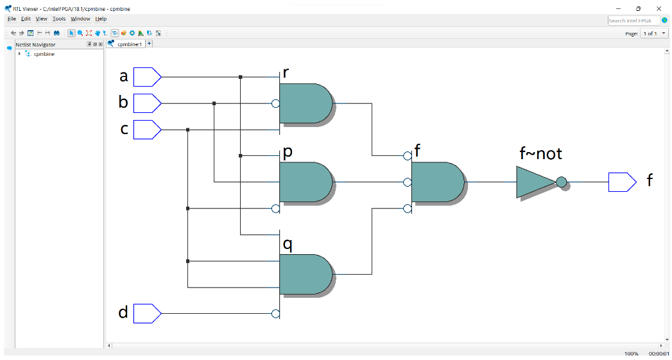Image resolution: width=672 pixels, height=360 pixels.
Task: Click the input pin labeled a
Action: pos(147,77)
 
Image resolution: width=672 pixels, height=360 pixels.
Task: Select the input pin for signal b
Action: pos(147,103)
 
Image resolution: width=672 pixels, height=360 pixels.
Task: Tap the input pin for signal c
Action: pos(147,130)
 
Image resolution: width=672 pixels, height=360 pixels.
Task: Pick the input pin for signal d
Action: pos(147,314)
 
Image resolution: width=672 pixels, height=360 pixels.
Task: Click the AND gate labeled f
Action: pos(437,182)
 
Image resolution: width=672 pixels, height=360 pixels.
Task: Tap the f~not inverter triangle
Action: pos(535,182)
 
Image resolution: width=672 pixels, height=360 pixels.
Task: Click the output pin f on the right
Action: pos(621,182)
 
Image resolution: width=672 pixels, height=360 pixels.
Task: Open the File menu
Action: pos(12,19)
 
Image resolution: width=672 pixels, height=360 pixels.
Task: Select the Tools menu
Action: pos(59,19)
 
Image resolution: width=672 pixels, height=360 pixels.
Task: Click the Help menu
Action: pos(101,19)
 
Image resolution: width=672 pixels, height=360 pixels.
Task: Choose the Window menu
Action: pos(80,19)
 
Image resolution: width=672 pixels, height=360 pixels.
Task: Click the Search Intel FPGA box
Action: pos(633,21)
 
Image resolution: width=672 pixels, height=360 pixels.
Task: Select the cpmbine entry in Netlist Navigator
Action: pos(44,54)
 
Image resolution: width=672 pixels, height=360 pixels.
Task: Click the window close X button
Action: pos(659,8)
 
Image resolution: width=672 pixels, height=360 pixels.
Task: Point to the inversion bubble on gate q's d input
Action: pos(275,314)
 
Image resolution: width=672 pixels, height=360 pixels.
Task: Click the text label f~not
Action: pos(541,154)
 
